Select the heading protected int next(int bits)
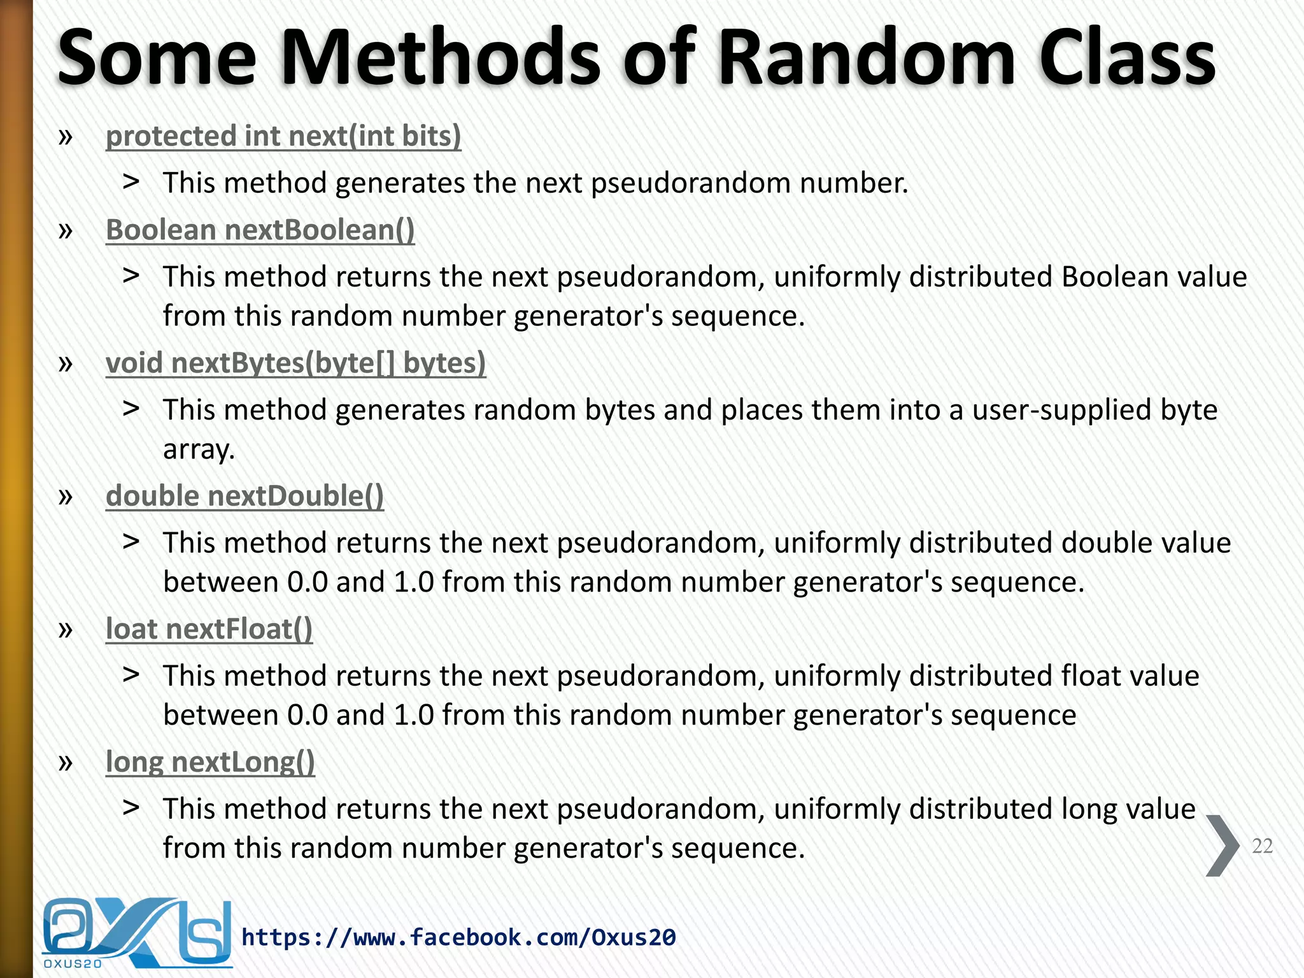click(x=283, y=136)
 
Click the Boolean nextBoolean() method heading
click(x=260, y=230)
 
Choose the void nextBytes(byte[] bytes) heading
click(x=295, y=363)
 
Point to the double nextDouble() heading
click(x=244, y=496)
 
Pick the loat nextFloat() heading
click(x=209, y=629)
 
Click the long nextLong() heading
click(x=210, y=762)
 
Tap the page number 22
click(x=1262, y=846)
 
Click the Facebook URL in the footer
click(x=458, y=937)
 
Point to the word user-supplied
click(x=1062, y=410)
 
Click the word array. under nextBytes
click(x=199, y=450)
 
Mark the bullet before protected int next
click(x=65, y=136)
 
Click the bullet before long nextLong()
click(x=65, y=762)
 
